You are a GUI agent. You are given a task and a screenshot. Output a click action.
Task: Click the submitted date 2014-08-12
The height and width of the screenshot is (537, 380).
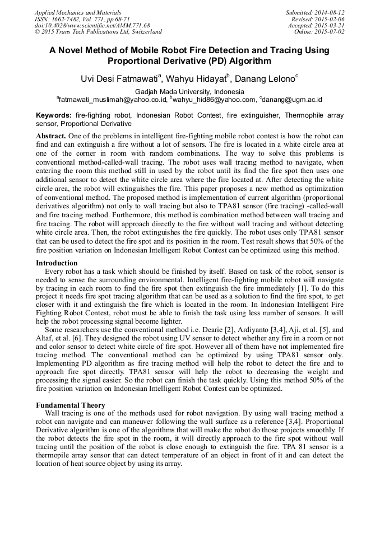click(x=331, y=12)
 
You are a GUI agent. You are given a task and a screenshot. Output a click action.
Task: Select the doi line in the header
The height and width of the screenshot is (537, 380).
click(x=92, y=26)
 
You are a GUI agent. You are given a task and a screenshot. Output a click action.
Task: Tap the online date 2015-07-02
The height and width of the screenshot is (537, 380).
click(x=331, y=32)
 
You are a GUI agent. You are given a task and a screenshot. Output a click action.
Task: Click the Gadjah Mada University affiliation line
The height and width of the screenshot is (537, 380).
click(x=189, y=92)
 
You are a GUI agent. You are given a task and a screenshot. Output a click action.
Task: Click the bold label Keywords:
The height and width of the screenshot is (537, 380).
click(x=54, y=115)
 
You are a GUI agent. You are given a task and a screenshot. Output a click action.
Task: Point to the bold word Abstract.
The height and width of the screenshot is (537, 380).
click(x=51, y=137)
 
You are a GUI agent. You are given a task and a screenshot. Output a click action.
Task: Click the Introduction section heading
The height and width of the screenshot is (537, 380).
click(x=57, y=263)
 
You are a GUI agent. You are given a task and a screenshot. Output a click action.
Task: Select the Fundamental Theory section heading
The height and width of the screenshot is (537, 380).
click(x=70, y=405)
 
